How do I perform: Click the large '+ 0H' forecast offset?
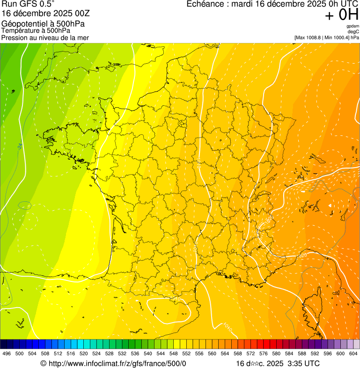[x=342, y=15]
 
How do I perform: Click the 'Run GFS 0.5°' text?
[x=28, y=4]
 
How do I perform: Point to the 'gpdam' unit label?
[x=353, y=26]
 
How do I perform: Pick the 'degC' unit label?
[x=354, y=31]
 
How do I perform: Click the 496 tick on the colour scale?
[x=7, y=353]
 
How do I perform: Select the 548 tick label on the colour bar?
[x=174, y=353]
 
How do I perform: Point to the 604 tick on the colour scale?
[x=353, y=353]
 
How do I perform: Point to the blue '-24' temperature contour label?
[x=20, y=147]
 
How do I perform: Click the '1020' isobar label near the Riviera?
[x=303, y=255]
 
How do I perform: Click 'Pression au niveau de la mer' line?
[x=45, y=37]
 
